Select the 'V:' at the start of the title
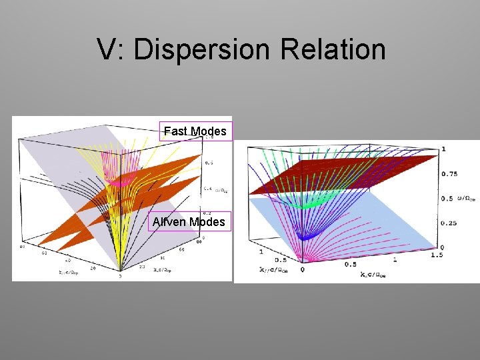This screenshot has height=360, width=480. point(111,50)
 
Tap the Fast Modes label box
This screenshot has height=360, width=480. point(195,131)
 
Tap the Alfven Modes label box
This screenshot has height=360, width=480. point(189,221)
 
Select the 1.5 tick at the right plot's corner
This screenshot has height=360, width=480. point(455,256)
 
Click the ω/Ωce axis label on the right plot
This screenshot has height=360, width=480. point(467,199)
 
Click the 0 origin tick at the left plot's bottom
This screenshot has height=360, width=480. point(120,275)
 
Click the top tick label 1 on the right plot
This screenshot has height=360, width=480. point(443,149)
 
